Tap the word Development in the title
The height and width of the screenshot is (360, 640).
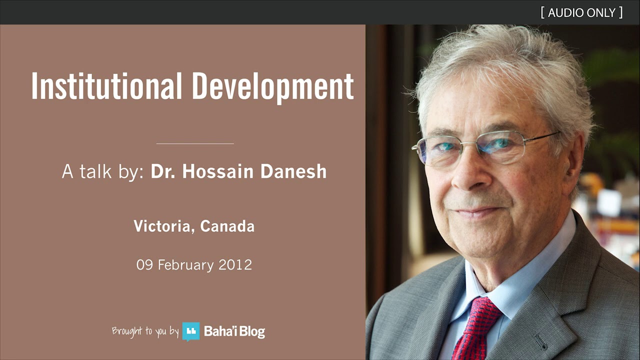pos(272,86)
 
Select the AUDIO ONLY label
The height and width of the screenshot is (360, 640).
pos(581,12)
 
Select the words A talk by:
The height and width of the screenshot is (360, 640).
pos(103,171)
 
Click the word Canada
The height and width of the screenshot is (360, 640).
pos(227,226)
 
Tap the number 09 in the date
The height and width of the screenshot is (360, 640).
pos(144,264)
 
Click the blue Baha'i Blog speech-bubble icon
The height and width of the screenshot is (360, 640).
pos(190,331)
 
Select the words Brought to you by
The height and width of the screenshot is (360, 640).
pos(145,331)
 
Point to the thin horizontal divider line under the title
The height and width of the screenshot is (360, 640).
pos(195,143)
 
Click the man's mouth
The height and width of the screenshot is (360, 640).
pos(475,212)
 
